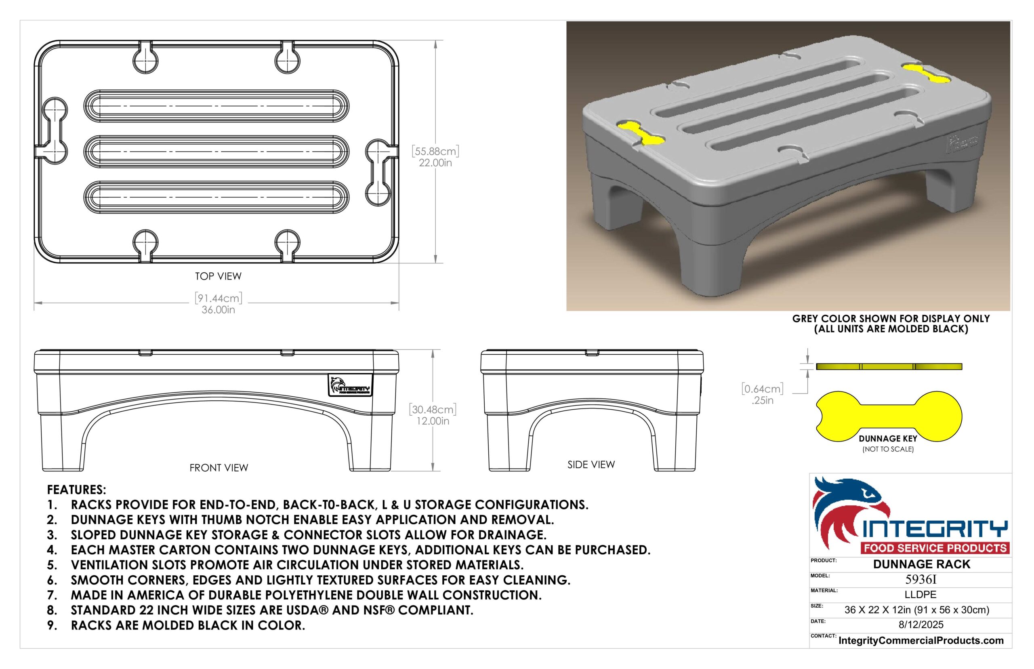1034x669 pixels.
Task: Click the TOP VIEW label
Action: click(218, 276)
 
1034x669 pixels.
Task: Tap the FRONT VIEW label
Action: click(219, 468)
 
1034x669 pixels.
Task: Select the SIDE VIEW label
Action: click(591, 465)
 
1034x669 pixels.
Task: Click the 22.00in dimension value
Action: click(435, 163)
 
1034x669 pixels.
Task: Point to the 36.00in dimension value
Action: click(218, 310)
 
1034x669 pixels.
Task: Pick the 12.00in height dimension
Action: click(433, 421)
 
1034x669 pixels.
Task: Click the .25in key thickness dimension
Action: click(763, 400)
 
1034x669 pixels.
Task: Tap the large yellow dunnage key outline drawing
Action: click(889, 416)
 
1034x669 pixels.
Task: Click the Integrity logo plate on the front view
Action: click(350, 385)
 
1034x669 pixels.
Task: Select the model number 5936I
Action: click(921, 579)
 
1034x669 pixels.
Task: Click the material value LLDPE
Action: click(920, 595)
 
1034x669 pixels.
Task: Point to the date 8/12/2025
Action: click(921, 625)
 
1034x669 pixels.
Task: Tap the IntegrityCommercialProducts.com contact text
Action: click(921, 640)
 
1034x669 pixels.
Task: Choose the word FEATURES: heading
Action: click(76, 490)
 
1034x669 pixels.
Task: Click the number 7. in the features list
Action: click(52, 595)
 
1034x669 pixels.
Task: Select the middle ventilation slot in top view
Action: click(216, 152)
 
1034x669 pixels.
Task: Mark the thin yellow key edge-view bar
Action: click(889, 367)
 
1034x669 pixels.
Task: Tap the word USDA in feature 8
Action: click(303, 610)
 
